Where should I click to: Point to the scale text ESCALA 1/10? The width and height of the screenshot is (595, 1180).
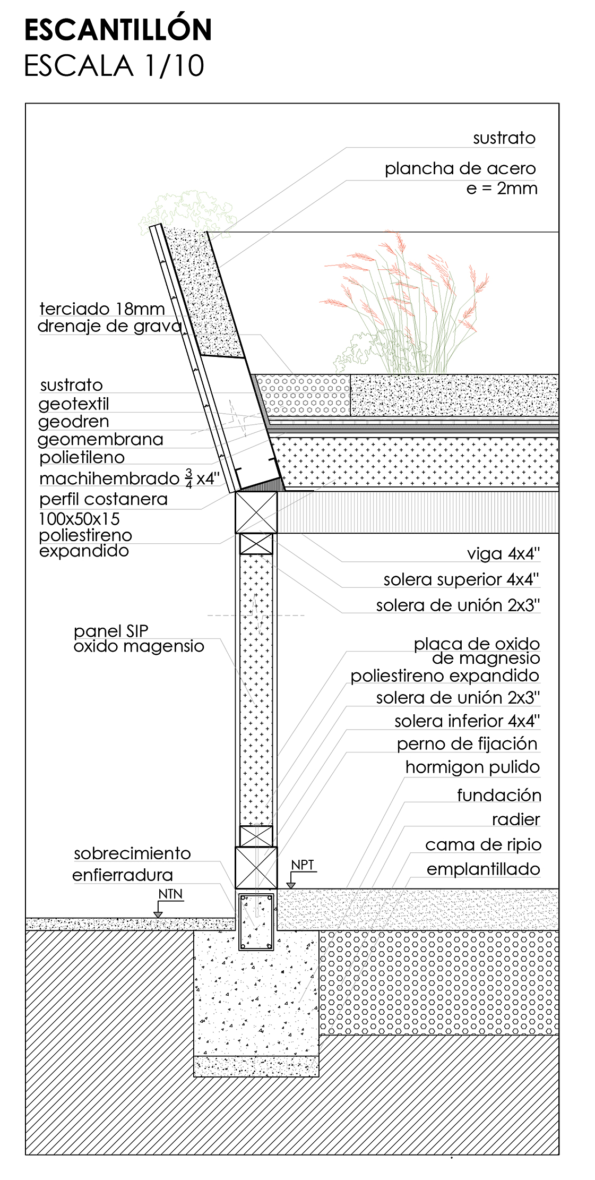pyautogui.click(x=114, y=66)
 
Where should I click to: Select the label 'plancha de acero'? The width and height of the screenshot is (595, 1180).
pyautogui.click(x=460, y=169)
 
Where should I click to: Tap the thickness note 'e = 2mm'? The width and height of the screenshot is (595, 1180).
pyautogui.click(x=502, y=189)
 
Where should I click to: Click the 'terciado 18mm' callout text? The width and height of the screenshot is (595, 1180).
pyautogui.click(x=102, y=309)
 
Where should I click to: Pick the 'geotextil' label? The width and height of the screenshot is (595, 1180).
pyautogui.click(x=74, y=404)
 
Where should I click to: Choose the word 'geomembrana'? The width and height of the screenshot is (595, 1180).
pyautogui.click(x=100, y=440)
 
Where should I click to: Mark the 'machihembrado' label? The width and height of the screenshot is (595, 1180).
pyautogui.click(x=109, y=478)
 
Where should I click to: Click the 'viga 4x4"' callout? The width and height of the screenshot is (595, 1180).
pyautogui.click(x=503, y=554)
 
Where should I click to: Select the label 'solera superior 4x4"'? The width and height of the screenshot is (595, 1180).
pyautogui.click(x=461, y=579)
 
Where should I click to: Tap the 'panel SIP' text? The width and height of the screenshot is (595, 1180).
pyautogui.click(x=111, y=630)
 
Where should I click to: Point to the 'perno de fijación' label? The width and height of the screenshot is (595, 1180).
pyautogui.click(x=467, y=744)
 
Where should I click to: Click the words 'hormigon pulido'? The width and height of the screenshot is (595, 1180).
pyautogui.click(x=472, y=767)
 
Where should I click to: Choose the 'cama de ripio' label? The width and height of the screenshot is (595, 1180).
pyautogui.click(x=483, y=845)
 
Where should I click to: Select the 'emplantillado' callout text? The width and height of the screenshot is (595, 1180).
pyautogui.click(x=483, y=869)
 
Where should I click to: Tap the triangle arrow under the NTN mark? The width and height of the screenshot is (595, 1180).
pyautogui.click(x=158, y=914)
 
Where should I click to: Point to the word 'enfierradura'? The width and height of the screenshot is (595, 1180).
pyautogui.click(x=123, y=875)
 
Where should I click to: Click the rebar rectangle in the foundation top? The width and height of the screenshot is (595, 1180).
pyautogui.click(x=256, y=922)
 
